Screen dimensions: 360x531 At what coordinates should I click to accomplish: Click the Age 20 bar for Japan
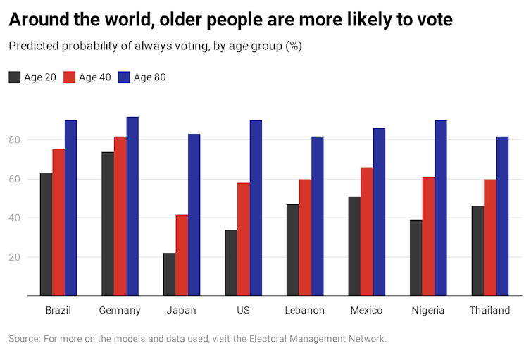click(x=169, y=275)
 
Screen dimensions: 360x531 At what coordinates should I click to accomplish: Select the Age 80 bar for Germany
click(x=132, y=206)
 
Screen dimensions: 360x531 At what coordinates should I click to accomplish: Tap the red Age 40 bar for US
click(x=243, y=240)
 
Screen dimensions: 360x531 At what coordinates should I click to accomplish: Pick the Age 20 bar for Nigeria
click(x=416, y=258)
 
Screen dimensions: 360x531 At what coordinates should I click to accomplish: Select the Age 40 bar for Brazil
click(x=58, y=223)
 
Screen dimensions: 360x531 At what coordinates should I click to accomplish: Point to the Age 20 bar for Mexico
click(x=354, y=247)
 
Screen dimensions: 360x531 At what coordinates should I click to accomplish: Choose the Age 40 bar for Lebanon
click(x=305, y=237)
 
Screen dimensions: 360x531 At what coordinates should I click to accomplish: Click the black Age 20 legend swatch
click(x=15, y=77)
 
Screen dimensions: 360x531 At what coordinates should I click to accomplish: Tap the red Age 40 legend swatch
click(x=70, y=77)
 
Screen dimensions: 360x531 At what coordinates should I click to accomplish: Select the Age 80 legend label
click(x=149, y=77)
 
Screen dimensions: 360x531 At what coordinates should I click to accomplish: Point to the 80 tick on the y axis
click(x=14, y=140)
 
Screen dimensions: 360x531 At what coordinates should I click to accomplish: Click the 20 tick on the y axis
click(x=14, y=257)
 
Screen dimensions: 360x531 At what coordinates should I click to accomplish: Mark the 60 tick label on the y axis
click(x=14, y=179)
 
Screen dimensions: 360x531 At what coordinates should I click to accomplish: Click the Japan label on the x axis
click(x=181, y=311)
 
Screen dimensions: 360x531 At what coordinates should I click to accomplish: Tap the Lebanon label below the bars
click(x=304, y=311)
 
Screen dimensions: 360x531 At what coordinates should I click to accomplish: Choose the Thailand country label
click(x=489, y=311)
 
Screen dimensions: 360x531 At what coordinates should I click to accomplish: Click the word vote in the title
click(x=431, y=20)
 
